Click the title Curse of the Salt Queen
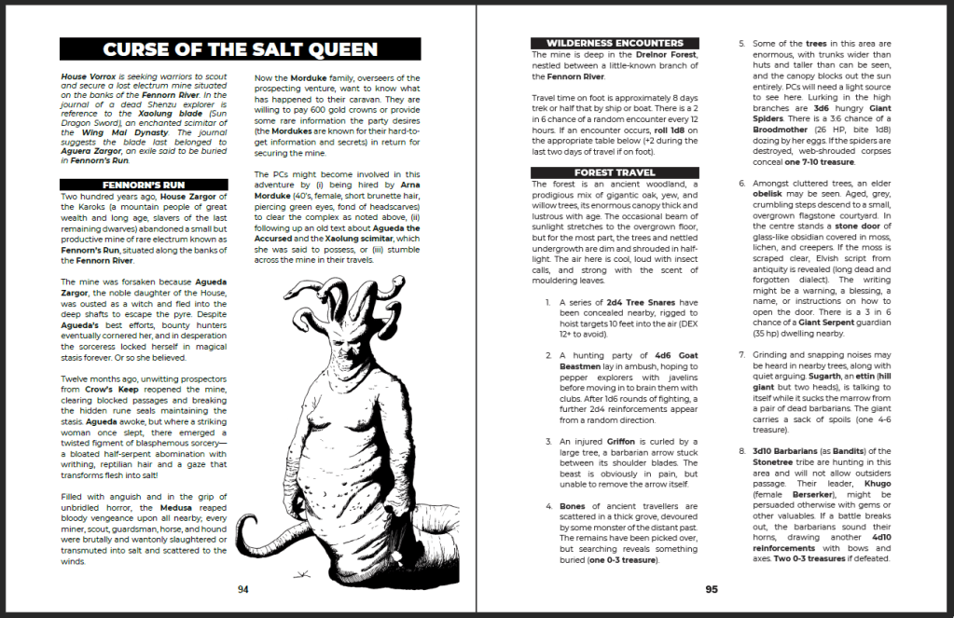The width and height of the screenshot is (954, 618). click(241, 49)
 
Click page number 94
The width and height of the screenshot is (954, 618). click(242, 589)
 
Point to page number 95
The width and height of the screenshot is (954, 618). click(711, 589)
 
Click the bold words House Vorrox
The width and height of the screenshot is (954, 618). click(87, 76)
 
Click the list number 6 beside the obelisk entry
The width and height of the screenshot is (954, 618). click(742, 183)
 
